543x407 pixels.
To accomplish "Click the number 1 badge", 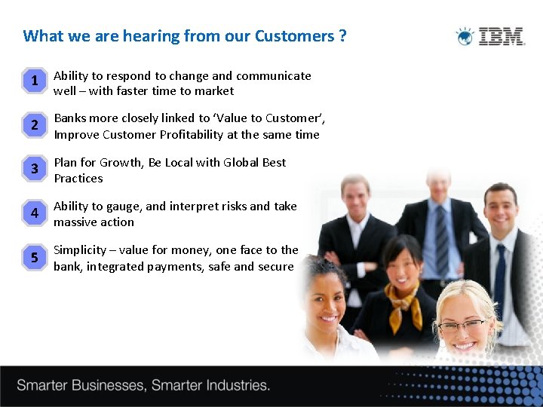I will click(34, 81).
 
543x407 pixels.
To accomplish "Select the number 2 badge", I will click(34, 125).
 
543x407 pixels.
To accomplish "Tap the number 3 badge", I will click(34, 169).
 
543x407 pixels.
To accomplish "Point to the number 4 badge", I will click(34, 213).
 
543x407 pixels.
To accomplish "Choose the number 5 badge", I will click(34, 258).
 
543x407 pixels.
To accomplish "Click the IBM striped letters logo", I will click(502, 36).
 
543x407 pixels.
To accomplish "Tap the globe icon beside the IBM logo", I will click(465, 36).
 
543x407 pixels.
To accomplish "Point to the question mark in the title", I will click(342, 36).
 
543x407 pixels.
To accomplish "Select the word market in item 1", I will click(214, 91).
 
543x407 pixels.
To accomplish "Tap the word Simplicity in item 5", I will click(80, 250).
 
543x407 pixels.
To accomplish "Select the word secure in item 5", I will click(275, 267).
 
